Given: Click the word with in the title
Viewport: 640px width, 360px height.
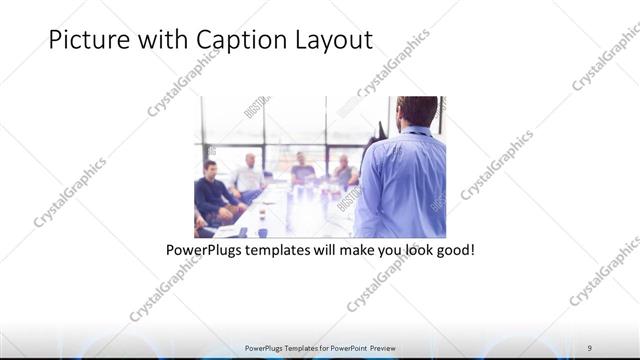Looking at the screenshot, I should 159,41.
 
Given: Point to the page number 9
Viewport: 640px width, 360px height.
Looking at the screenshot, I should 590,348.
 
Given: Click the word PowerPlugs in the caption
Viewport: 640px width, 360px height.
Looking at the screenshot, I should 203,248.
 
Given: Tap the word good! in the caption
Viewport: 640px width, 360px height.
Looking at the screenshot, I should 453,248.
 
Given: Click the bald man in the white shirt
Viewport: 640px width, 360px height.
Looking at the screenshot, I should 246,177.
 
